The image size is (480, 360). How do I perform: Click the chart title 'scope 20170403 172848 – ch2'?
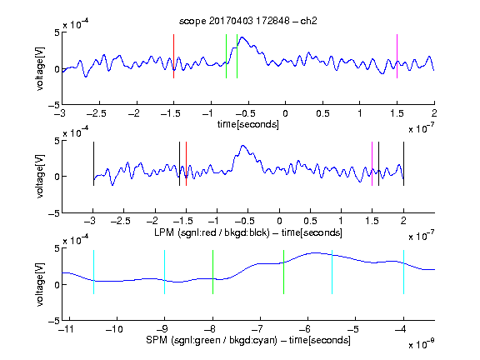(248, 21)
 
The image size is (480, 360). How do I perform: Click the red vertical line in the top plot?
(173, 57)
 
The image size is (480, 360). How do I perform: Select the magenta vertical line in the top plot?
(397, 57)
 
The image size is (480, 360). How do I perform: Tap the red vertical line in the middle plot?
(186, 164)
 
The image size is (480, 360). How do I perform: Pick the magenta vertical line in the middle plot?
(372, 164)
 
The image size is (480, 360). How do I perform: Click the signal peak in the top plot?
(242, 37)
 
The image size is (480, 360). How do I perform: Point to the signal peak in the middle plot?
(243, 146)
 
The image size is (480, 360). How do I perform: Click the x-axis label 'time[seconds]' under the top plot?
(248, 124)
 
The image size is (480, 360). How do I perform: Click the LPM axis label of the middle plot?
(248, 232)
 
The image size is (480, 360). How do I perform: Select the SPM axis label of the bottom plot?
(248, 340)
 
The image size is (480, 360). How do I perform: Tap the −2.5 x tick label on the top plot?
(97, 113)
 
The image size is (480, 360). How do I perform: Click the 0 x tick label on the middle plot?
(279, 221)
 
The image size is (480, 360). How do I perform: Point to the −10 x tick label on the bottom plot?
(114, 329)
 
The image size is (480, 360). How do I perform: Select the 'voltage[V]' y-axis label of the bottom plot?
(40, 284)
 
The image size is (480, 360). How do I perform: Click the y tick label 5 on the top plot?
(57, 32)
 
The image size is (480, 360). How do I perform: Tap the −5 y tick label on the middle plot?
(54, 213)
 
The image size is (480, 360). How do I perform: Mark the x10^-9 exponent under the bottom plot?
(422, 344)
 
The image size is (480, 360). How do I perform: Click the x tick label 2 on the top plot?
(434, 113)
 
